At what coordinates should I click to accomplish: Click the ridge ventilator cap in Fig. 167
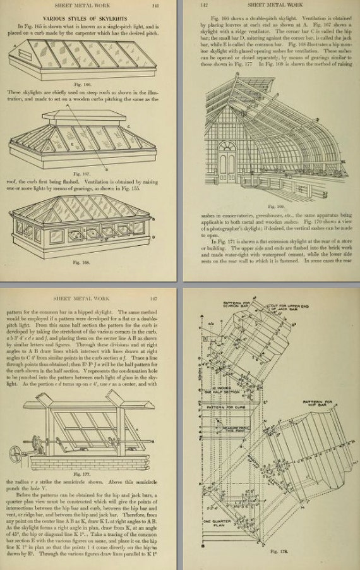pos(70,112)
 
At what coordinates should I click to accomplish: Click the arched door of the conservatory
pos(226,156)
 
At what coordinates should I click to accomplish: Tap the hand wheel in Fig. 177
pos(17,454)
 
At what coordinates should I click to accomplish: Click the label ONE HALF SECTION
pos(221,376)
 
